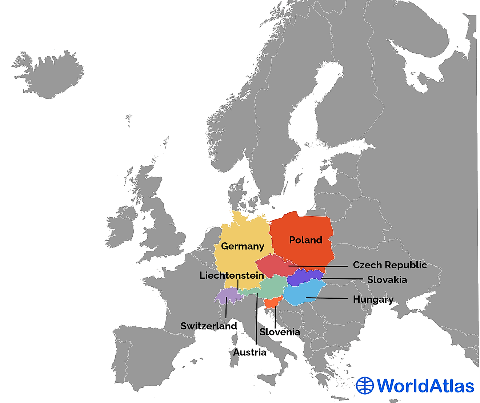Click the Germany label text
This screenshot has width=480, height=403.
pos(243,246)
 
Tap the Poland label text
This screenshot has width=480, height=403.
pos(305,240)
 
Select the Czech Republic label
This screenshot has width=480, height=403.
pos(389,265)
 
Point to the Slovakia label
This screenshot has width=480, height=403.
pos(387,280)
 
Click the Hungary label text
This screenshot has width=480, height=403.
pos(373,299)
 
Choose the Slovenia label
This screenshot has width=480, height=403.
pos(280,332)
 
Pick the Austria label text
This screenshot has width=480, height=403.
pos(250,352)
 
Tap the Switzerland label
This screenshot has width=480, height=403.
pos(209,326)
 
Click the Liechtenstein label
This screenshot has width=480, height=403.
pos(232,275)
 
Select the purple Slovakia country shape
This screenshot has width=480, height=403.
pos(304,278)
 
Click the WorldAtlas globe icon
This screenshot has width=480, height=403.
pos(365,386)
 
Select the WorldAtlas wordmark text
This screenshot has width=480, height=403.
pos(425,386)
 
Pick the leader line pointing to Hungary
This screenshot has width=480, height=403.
pos(327,298)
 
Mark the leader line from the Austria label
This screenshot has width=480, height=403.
pos(257,320)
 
